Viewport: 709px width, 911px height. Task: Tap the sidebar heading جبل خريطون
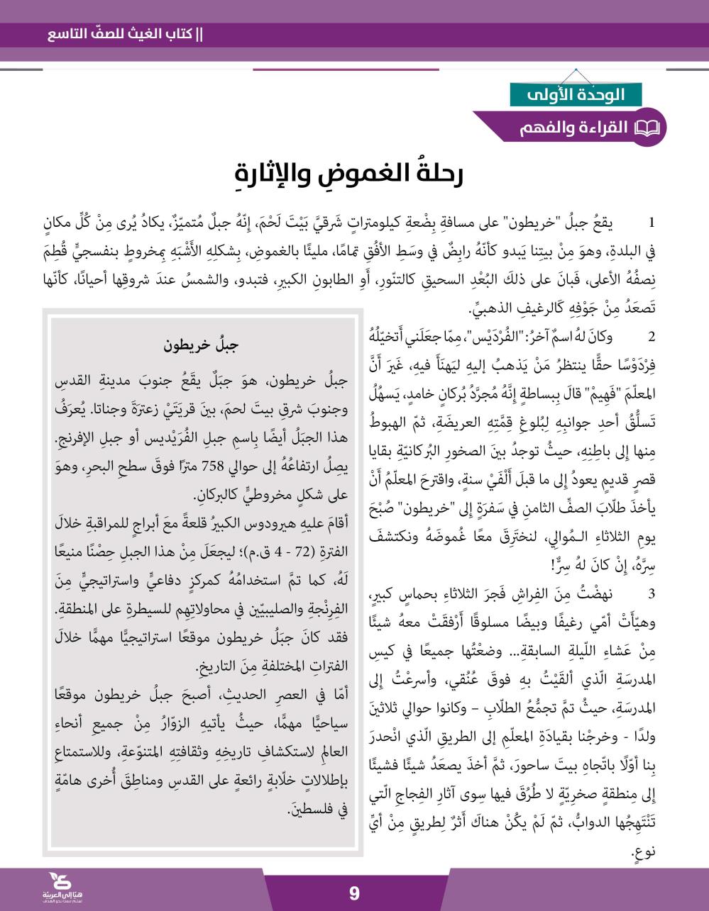coord(202,347)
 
